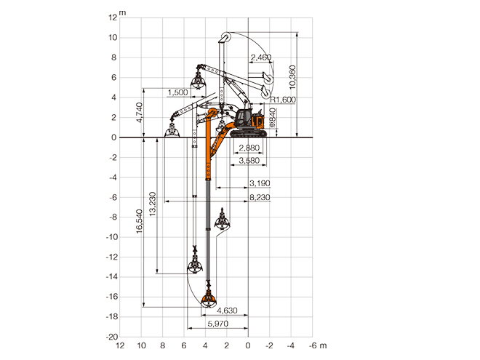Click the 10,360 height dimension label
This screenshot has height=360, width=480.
pyautogui.click(x=292, y=77)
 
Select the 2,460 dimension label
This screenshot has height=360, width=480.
pyautogui.click(x=261, y=57)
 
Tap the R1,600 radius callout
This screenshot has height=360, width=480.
pyautogui.click(x=283, y=100)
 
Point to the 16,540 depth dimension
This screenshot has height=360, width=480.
pyautogui.click(x=140, y=221)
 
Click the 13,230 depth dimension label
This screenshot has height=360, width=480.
pyautogui.click(x=153, y=204)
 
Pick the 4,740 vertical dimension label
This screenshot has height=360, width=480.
pyautogui.click(x=140, y=113)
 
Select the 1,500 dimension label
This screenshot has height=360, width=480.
pyautogui.click(x=178, y=92)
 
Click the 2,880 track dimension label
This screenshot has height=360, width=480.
pyautogui.click(x=249, y=148)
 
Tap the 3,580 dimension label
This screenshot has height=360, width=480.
pyautogui.click(x=249, y=161)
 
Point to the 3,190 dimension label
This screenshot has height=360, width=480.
pyautogui.click(x=260, y=183)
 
